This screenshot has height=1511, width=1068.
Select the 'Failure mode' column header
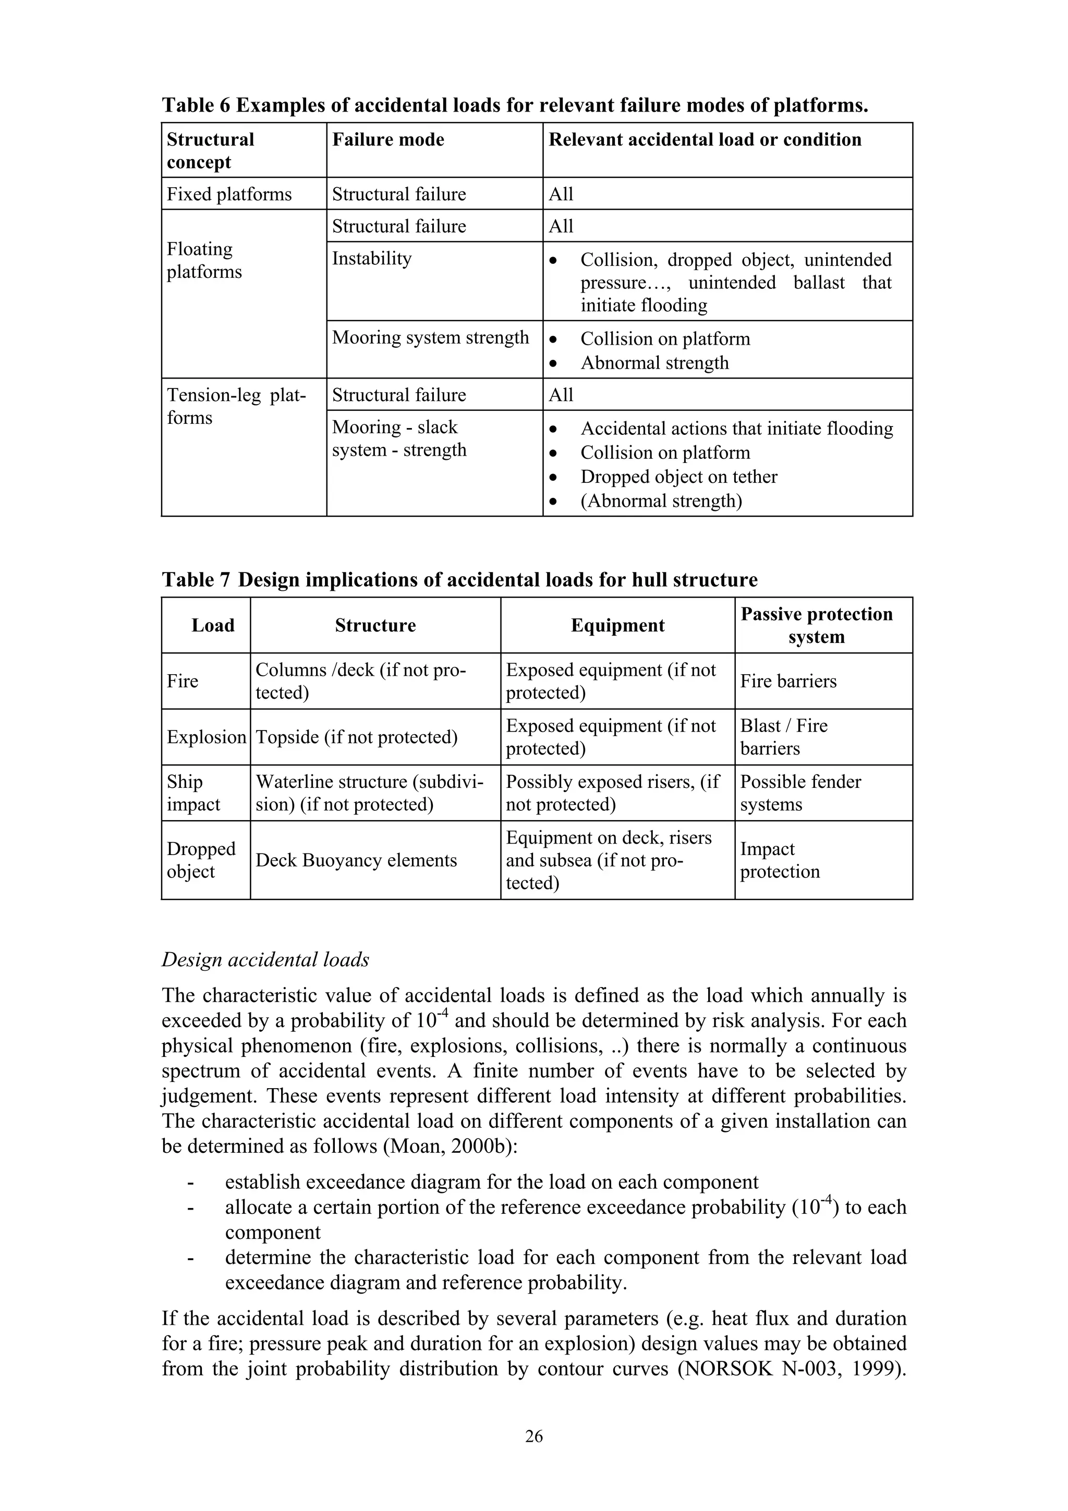coord(387,140)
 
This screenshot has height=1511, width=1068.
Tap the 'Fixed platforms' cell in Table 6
coord(229,194)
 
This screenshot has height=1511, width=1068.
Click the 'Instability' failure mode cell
coord(371,259)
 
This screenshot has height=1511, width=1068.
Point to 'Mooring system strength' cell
coord(430,338)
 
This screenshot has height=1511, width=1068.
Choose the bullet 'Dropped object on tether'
coord(678,477)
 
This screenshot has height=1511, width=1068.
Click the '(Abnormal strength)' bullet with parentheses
coord(661,501)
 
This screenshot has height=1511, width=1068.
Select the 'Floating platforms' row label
coord(204,260)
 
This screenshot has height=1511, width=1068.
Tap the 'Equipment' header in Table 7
coord(617,625)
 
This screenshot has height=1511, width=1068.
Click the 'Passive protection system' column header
coord(816,625)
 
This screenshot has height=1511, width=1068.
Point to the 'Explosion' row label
coord(206,737)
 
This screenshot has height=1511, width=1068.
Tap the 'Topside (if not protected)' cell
coord(356,737)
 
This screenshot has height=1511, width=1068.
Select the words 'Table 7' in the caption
coord(196,580)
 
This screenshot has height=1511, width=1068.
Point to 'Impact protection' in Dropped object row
coord(779,860)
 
